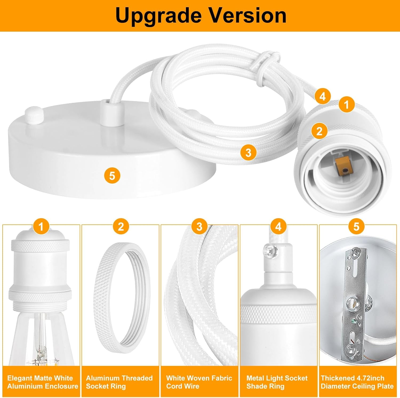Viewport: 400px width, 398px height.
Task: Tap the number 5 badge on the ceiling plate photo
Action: point(112,176)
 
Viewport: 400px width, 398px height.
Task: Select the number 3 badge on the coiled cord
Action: point(248,153)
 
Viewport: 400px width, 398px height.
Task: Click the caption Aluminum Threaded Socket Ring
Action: point(119,382)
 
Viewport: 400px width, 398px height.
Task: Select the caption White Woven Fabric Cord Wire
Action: point(199,382)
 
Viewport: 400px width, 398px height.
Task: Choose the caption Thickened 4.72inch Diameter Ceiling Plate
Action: point(357,382)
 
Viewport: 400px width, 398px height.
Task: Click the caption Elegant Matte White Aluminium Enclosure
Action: point(42,382)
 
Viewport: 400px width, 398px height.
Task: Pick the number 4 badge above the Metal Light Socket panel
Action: point(278,227)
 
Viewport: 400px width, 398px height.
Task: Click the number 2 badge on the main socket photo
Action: point(319,131)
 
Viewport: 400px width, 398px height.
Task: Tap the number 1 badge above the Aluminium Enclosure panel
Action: point(41,227)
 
